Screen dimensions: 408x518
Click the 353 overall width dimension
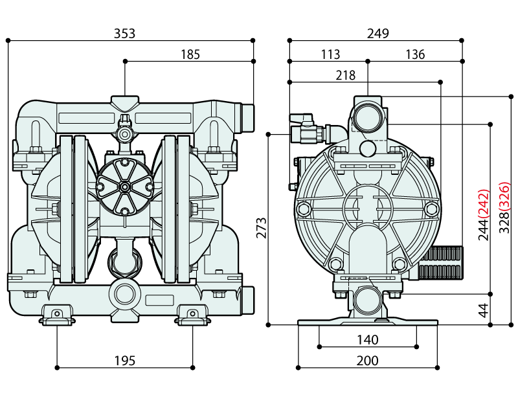click(x=124, y=32)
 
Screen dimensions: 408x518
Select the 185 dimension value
click(x=190, y=54)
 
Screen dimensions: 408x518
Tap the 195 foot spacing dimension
click(x=124, y=361)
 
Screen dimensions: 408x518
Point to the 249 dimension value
click(x=377, y=33)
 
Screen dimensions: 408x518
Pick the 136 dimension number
click(x=415, y=54)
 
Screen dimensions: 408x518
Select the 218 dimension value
click(x=346, y=75)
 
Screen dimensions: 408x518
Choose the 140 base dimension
click(x=367, y=339)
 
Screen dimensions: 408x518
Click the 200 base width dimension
click(x=367, y=361)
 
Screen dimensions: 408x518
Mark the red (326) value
click(x=504, y=198)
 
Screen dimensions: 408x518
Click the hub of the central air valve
click(x=124, y=187)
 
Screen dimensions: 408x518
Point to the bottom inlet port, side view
click(x=367, y=302)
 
